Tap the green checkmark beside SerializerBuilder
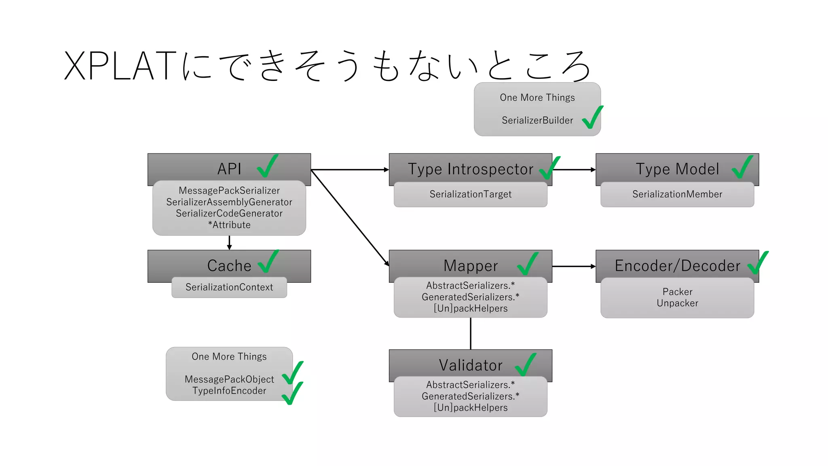(592, 118)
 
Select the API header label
(229, 169)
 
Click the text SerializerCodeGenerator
(229, 213)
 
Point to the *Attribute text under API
(229, 225)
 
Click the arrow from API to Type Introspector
(350, 170)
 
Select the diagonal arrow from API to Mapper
(350, 218)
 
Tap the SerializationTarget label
(470, 194)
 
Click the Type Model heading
(677, 169)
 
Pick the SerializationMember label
(677, 194)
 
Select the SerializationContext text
(229, 287)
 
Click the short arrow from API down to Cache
(229, 243)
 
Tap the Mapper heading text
(470, 266)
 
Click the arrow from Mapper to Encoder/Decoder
(574, 266)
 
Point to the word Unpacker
(677, 303)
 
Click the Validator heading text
(470, 365)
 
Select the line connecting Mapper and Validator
(471, 333)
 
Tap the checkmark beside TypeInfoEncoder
(292, 393)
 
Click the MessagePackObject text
(229, 379)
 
